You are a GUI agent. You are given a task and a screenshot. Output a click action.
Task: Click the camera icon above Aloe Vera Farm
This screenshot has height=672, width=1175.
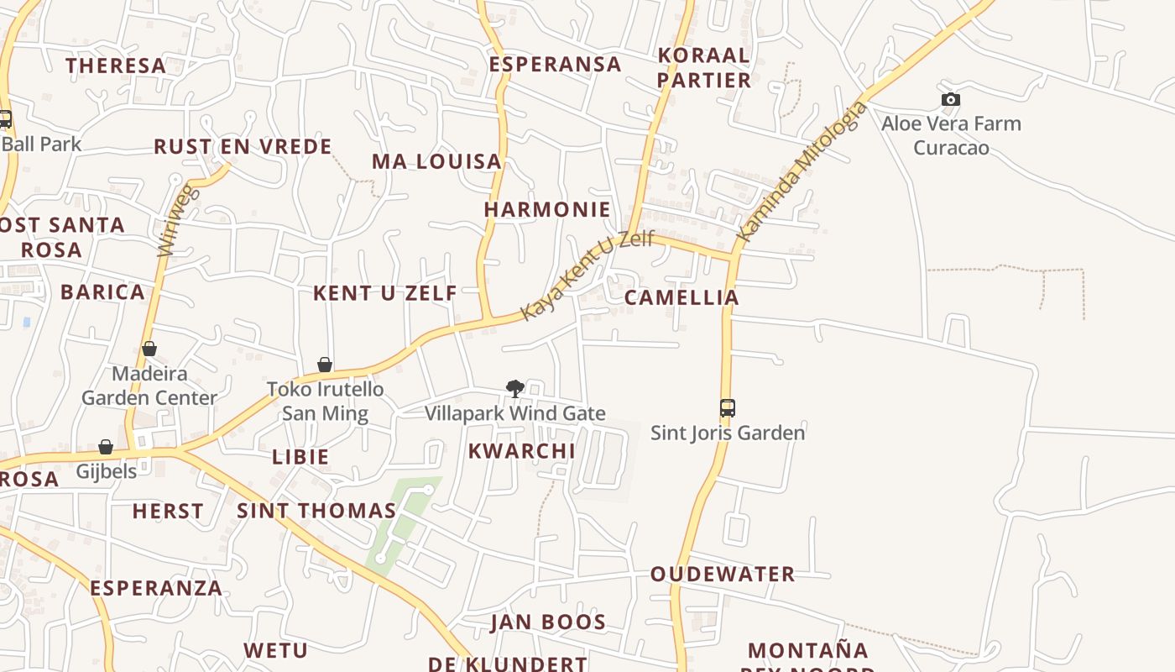pyautogui.click(x=950, y=100)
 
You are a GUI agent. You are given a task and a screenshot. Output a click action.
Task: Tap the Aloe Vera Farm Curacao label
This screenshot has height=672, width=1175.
pyautogui.click(x=951, y=135)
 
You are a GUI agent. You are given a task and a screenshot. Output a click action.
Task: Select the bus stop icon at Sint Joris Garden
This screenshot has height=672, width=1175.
pyautogui.click(x=728, y=408)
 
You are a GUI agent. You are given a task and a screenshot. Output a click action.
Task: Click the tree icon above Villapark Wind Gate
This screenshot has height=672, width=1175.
pyautogui.click(x=515, y=388)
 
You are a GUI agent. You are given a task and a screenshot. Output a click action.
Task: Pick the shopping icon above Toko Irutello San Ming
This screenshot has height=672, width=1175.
pyautogui.click(x=325, y=365)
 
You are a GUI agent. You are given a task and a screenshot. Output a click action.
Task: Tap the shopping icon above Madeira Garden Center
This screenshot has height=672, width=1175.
pyautogui.click(x=149, y=349)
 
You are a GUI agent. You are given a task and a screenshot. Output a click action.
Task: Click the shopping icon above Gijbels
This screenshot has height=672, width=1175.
pyautogui.click(x=106, y=447)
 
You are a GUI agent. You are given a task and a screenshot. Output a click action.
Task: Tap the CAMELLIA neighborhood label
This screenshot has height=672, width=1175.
pyautogui.click(x=681, y=297)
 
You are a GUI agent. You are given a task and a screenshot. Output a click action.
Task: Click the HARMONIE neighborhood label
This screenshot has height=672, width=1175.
pyautogui.click(x=547, y=209)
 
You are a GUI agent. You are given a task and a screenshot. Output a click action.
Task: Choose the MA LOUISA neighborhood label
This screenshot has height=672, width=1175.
pyautogui.click(x=436, y=161)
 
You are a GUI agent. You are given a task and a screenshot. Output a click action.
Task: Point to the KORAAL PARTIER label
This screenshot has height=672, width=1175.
pyautogui.click(x=703, y=67)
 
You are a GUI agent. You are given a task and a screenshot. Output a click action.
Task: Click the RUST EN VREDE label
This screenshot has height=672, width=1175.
pyautogui.click(x=243, y=147)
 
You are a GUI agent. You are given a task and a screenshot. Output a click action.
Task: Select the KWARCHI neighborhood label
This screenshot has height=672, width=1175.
pyautogui.click(x=521, y=451)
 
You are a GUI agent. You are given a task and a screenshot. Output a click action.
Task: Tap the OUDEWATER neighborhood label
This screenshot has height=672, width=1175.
pyautogui.click(x=723, y=575)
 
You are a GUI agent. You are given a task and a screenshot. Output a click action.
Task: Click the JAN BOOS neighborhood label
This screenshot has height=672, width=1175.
pyautogui.click(x=548, y=622)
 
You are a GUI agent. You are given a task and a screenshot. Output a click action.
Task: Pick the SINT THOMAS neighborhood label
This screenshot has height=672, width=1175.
pyautogui.click(x=316, y=511)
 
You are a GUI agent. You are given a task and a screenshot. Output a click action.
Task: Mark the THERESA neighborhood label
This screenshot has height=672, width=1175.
pyautogui.click(x=116, y=66)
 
